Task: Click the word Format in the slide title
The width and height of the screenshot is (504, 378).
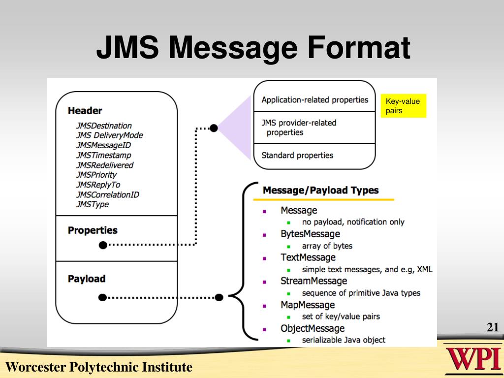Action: [x=359, y=48]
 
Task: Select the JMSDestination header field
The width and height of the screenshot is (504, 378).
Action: [x=104, y=126]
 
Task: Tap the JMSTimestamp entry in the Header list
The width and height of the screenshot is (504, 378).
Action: [x=104, y=155]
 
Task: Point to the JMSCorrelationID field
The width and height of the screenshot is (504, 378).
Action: [x=107, y=194]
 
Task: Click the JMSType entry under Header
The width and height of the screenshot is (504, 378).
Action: [x=93, y=204]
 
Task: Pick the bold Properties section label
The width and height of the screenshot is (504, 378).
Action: [x=93, y=230]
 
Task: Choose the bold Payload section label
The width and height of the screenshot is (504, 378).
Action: [x=87, y=279]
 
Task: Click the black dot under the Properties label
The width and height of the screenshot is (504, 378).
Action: [x=102, y=245]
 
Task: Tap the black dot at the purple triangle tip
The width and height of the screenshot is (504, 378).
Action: [x=214, y=128]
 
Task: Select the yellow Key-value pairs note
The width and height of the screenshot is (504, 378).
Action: [x=403, y=106]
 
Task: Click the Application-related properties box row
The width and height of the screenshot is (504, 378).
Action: [x=315, y=100]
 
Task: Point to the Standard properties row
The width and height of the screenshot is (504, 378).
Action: [x=297, y=156]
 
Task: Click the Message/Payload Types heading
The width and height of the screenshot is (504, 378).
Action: [x=320, y=190]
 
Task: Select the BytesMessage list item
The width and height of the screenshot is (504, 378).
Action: [x=310, y=234]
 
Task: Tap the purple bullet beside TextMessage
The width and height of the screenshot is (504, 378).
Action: [x=264, y=258]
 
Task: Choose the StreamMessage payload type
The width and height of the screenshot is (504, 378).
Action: [x=314, y=281]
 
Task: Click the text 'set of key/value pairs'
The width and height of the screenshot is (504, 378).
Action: [x=341, y=316]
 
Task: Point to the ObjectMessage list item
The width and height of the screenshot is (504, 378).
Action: [x=313, y=328]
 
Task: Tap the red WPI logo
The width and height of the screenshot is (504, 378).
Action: [x=472, y=360]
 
